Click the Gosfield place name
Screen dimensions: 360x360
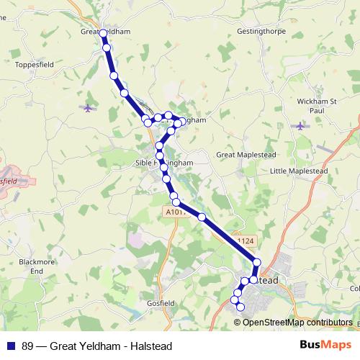pos(160,304)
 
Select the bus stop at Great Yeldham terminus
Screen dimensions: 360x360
pos(104,34)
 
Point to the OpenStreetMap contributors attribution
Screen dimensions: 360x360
pos(298,323)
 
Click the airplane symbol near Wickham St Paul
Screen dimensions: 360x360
pos(301,126)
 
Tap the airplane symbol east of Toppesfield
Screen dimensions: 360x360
pos(89,108)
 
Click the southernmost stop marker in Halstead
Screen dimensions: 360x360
pos(240,307)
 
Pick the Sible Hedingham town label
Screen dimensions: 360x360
pos(165,163)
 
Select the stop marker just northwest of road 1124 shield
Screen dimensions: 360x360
pos(202,217)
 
